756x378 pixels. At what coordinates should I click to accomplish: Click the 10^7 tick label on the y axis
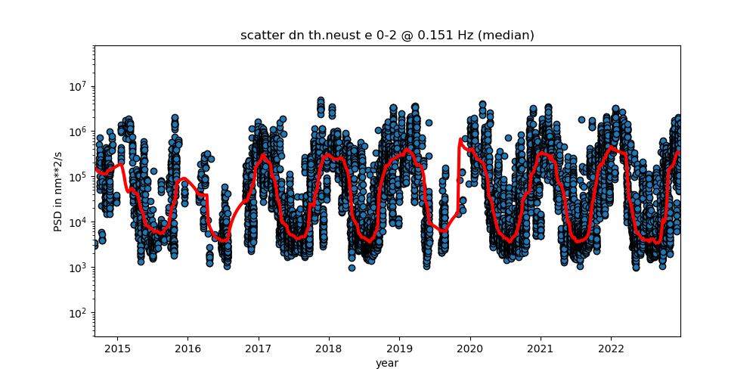pyautogui.click(x=79, y=86)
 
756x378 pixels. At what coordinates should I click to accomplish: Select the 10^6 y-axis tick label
pyautogui.click(x=79, y=132)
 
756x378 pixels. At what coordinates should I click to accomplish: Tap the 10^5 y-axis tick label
pyautogui.click(x=79, y=177)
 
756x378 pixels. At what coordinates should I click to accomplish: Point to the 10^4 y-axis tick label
pyautogui.click(x=79, y=222)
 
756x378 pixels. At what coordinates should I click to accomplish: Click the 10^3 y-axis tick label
pyautogui.click(x=79, y=268)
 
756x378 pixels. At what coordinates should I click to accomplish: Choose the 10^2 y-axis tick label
pyautogui.click(x=79, y=313)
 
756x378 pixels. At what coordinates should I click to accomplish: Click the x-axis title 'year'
pyautogui.click(x=387, y=363)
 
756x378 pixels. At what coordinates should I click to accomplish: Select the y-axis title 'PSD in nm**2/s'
pyautogui.click(x=58, y=191)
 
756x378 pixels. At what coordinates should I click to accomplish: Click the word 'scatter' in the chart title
pyautogui.click(x=259, y=36)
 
